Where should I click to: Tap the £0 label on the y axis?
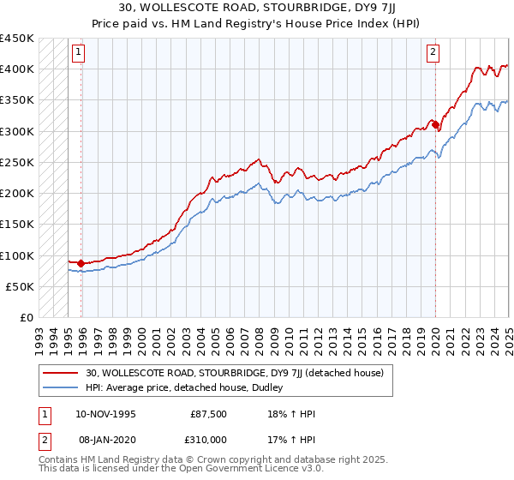26,318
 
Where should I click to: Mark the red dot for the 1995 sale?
81,263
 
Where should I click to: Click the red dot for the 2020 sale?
436,125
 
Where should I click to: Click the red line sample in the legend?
60,373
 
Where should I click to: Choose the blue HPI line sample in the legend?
60,387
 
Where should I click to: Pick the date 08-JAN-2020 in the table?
105,438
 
